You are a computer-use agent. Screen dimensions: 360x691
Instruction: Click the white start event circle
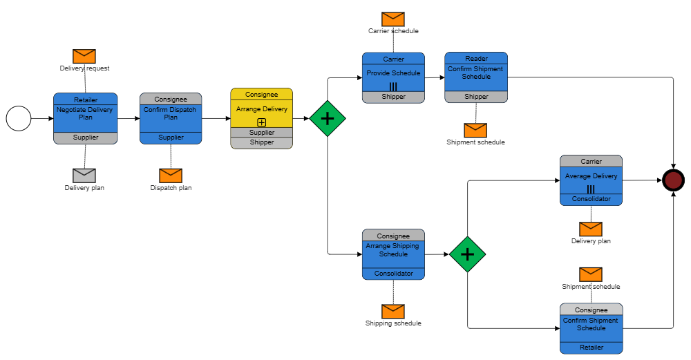pos(19,119)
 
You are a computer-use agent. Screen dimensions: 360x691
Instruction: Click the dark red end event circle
pos(673,180)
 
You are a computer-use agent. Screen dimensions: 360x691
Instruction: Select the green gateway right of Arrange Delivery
pos(328,118)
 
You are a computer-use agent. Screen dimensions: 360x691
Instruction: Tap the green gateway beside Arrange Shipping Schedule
pos(467,254)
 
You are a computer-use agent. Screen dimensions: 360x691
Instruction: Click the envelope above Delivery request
pos(84,56)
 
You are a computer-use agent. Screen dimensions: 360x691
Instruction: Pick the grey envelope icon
pos(84,176)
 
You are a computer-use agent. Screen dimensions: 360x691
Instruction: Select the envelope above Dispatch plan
pos(171,176)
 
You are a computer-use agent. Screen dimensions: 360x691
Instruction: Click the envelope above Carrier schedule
pos(392,19)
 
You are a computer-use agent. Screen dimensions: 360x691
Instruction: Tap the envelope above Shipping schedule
pos(392,312)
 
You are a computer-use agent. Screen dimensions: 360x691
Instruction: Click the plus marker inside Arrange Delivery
pos(261,122)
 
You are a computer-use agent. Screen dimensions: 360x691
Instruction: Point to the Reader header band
pos(476,59)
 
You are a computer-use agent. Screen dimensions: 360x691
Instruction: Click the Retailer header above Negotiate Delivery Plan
pos(86,100)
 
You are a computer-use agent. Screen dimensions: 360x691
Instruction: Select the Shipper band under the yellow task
pos(261,142)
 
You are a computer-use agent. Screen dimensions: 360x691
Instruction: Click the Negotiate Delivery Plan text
pos(85,113)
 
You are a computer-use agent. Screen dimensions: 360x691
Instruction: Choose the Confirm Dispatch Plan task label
pos(171,113)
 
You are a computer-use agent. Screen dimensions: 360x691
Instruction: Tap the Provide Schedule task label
pos(393,73)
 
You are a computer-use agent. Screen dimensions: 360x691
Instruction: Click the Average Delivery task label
pos(591,176)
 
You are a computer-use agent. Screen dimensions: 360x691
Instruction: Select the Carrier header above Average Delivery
pos(591,161)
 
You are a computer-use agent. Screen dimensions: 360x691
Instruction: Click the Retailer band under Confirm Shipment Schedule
pos(591,348)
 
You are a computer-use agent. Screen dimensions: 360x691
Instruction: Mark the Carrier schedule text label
pos(392,31)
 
